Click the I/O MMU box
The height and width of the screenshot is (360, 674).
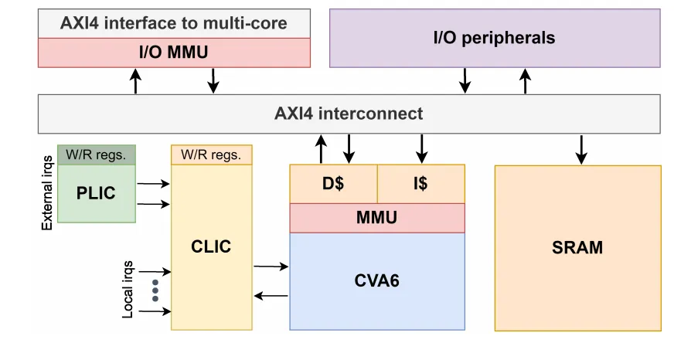[x=174, y=53]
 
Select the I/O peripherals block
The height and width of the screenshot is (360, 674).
[x=495, y=38]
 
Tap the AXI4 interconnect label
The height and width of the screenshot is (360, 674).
[x=349, y=114]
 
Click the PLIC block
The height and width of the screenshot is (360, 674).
[x=97, y=192]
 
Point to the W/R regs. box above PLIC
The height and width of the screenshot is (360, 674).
[x=97, y=155]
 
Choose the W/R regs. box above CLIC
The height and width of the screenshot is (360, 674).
[x=211, y=155]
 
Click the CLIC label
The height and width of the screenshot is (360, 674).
[x=211, y=247]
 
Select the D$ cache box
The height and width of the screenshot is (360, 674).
[x=333, y=184]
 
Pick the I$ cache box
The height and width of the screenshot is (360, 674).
[x=421, y=184]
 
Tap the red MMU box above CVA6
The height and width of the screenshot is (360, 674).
[x=377, y=218]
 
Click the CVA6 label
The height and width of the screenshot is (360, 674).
[x=377, y=280]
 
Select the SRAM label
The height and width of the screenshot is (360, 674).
[x=577, y=248]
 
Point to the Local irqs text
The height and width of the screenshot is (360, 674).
[x=128, y=290]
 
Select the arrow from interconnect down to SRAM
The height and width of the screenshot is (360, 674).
[x=582, y=148]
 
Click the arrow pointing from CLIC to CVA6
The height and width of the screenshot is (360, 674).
[x=271, y=267]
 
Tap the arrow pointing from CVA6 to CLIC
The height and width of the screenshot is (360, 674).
[x=271, y=295]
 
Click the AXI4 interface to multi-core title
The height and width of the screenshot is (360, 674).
[x=174, y=23]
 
